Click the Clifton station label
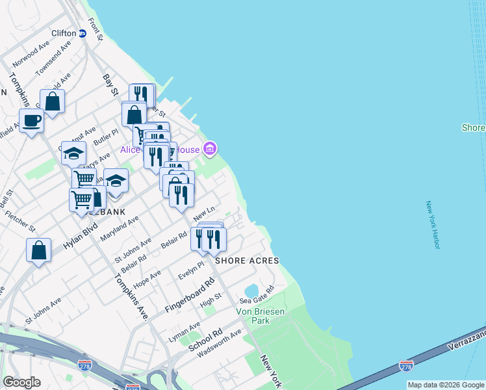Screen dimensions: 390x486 click(x=63, y=33)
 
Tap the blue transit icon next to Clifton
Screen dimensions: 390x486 click(x=83, y=34)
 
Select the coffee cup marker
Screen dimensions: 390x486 click(x=31, y=120)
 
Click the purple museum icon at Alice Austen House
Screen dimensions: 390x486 click(x=209, y=149)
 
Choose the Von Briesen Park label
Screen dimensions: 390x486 click(x=260, y=317)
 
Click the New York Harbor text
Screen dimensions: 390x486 click(x=433, y=225)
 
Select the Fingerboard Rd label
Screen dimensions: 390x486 click(x=190, y=296)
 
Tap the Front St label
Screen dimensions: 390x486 click(x=96, y=29)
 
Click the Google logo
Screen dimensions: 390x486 click(x=21, y=382)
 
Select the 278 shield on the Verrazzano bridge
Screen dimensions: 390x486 click(x=407, y=367)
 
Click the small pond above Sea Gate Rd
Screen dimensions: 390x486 click(x=251, y=289)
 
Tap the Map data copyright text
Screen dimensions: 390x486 click(x=446, y=385)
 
